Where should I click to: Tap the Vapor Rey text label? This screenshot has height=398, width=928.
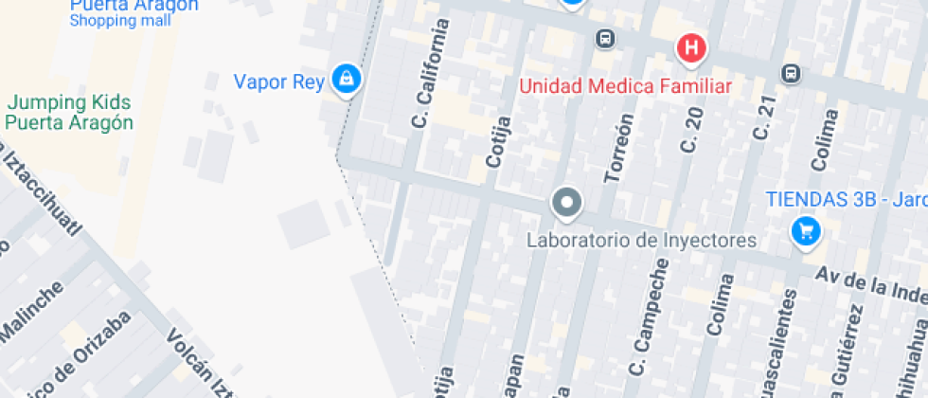279,81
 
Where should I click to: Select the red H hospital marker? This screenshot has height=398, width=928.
692,47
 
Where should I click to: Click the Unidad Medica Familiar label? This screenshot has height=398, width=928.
626,87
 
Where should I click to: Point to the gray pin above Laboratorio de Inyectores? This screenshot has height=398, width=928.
566,202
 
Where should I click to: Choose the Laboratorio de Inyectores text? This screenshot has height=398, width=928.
641,240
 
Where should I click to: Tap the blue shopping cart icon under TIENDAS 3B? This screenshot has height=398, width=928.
805,229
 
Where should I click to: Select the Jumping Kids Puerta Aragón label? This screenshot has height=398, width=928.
69,113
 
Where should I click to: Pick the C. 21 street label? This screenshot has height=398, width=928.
763,119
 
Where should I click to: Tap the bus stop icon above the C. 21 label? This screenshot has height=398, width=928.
790,72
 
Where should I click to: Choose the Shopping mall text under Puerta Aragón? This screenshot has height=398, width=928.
120,20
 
